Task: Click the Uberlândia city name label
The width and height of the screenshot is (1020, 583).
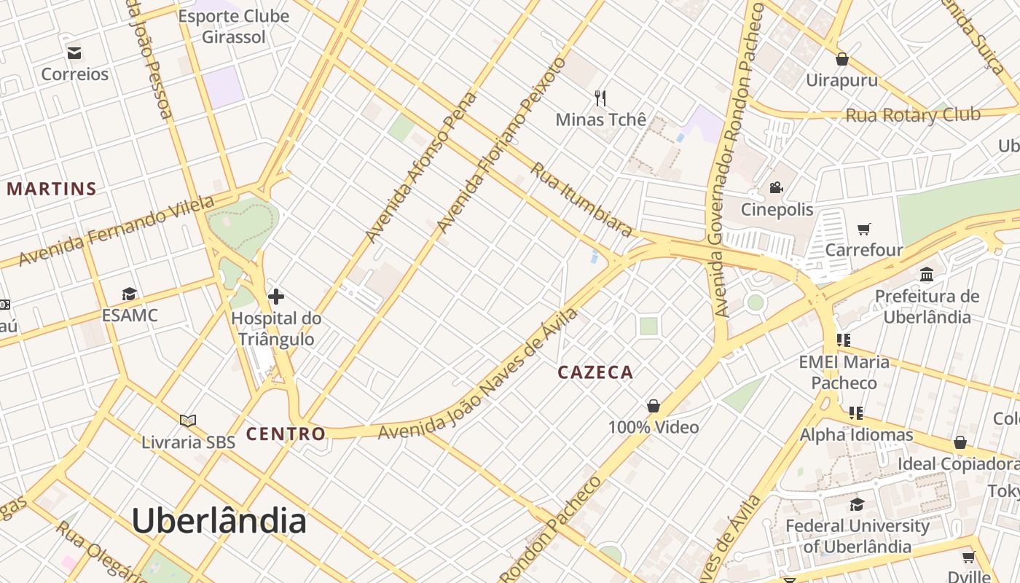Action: tap(219, 522)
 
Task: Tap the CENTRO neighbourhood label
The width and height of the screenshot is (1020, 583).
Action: tap(286, 434)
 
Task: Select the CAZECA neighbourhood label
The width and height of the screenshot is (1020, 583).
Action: tap(595, 372)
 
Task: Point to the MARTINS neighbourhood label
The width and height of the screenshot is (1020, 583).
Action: tap(52, 189)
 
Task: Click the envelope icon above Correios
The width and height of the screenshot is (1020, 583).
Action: tap(74, 52)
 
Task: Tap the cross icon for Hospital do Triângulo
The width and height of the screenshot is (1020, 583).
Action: tap(276, 297)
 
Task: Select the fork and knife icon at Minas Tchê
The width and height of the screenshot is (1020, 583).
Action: tap(600, 98)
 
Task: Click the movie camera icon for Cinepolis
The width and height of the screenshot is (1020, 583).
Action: tap(776, 188)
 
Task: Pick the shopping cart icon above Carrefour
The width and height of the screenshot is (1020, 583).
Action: tap(864, 230)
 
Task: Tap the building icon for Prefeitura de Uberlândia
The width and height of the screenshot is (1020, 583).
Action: tap(927, 275)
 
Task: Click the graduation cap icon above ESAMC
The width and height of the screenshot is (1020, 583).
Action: tap(130, 294)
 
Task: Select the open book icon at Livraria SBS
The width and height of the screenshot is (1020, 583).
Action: tap(188, 420)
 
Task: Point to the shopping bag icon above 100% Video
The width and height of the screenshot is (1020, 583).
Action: tap(654, 406)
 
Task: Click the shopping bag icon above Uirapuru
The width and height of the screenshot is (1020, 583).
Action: tap(842, 59)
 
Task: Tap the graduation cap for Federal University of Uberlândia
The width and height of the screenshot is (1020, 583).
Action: tap(857, 504)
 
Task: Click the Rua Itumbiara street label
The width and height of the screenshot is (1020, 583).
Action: tap(581, 199)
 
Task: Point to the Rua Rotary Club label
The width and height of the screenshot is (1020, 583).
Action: tap(912, 115)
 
